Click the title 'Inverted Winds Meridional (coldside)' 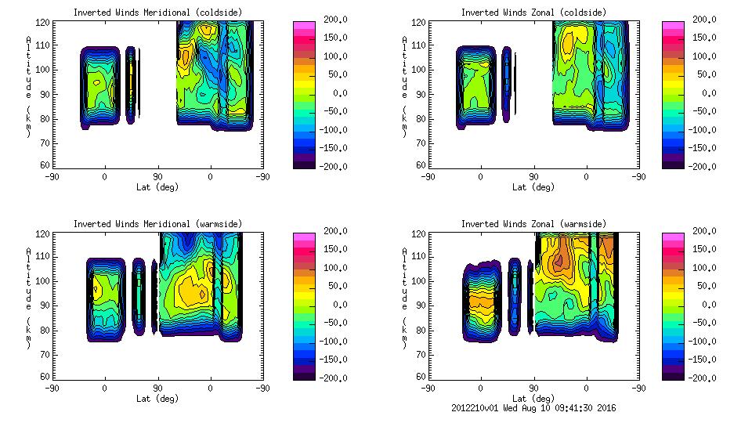click(157, 13)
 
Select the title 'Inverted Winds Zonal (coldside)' click(533, 13)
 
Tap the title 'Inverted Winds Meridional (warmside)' click(157, 224)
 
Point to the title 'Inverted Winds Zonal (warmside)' click(533, 224)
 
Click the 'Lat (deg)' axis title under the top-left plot click(157, 187)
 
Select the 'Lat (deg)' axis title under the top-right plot click(533, 187)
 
